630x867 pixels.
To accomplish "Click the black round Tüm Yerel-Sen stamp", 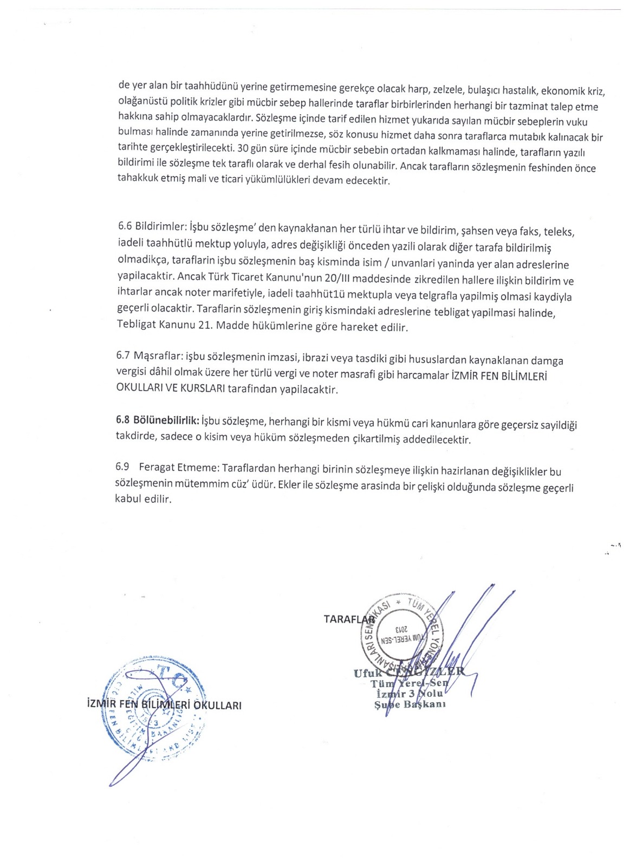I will (x=402, y=631).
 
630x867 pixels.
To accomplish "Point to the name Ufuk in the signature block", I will (x=367, y=673).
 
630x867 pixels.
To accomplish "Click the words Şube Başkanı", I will (x=410, y=704).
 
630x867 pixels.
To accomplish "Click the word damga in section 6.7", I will (x=547, y=360).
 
